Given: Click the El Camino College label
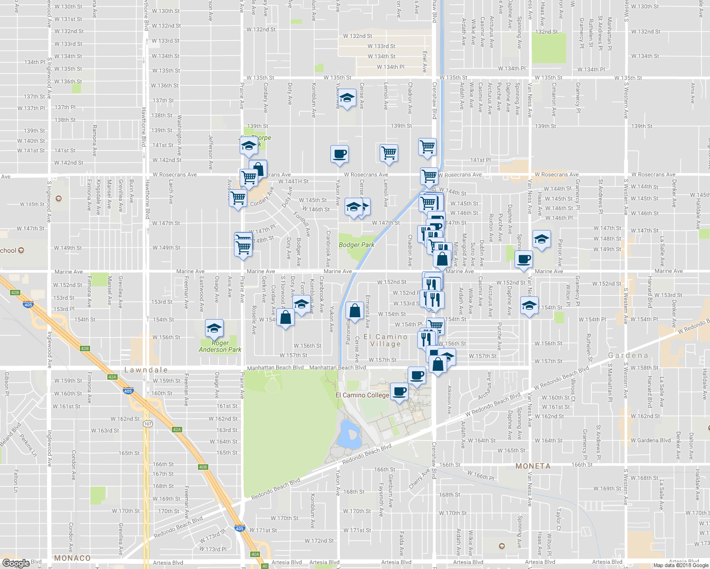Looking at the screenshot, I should (362, 395).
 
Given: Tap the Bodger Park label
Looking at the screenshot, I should (356, 245).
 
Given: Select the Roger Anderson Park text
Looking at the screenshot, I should (220, 346).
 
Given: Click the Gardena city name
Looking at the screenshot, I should (628, 355).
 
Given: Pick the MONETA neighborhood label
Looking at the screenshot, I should (533, 466).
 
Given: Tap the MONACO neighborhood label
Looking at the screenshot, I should (72, 558).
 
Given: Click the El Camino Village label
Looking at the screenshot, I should (385, 340).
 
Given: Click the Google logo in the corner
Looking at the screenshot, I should (16, 563).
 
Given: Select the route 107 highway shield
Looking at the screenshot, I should (148, 423).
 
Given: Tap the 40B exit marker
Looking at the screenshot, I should (203, 467).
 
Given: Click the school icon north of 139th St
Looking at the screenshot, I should (347, 99).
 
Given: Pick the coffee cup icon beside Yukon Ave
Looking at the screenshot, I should (339, 154).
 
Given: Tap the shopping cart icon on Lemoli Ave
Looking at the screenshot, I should (389, 153).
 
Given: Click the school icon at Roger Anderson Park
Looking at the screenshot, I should (214, 328).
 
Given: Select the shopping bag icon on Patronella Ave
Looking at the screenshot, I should (355, 311).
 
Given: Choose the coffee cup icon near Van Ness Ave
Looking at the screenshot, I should (523, 259).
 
